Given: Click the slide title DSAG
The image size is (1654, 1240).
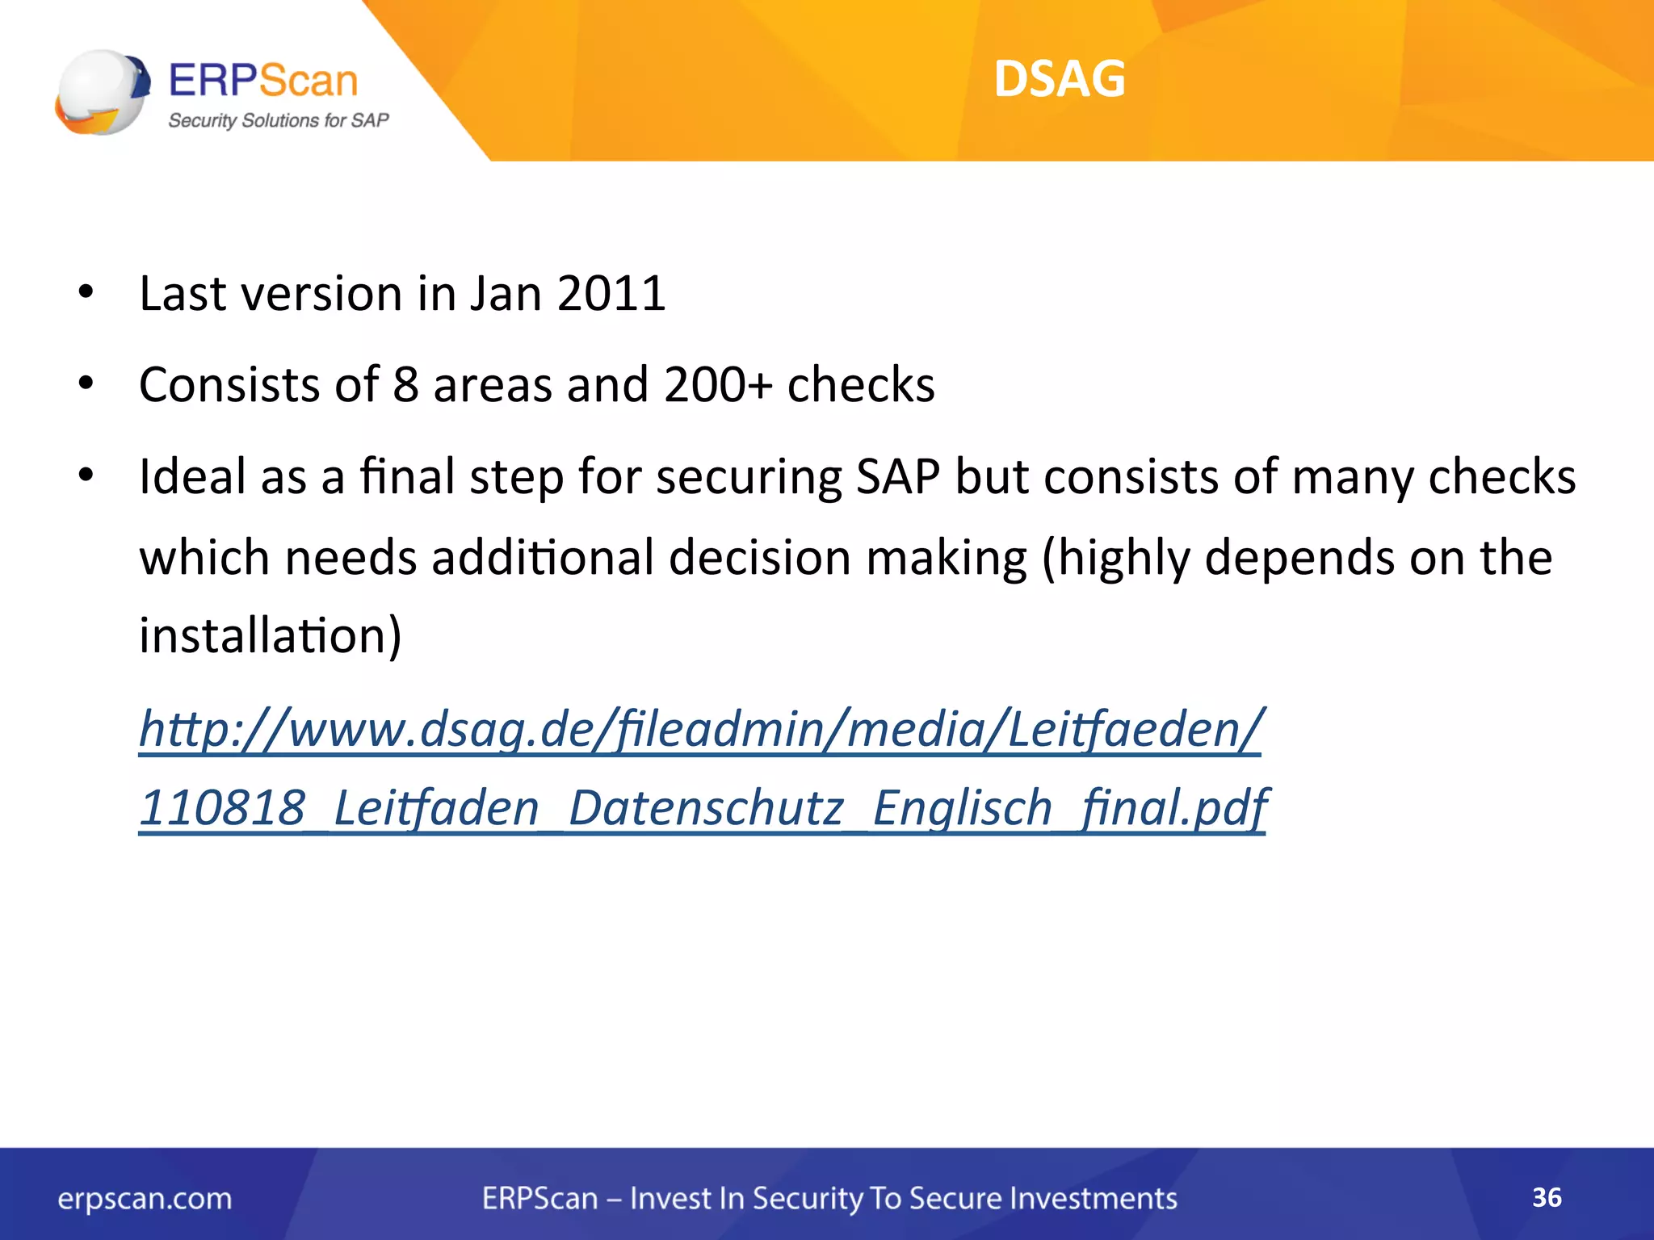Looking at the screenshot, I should (x=1059, y=79).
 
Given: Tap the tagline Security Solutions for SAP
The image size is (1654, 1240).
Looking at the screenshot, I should (x=278, y=120).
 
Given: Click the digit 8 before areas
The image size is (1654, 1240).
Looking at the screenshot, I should (x=405, y=384).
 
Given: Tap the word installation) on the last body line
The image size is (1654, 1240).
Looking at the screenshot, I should (x=270, y=635).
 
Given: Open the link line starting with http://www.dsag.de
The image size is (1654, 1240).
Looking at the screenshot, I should (x=699, y=729).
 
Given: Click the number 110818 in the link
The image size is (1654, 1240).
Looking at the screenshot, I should (x=223, y=807).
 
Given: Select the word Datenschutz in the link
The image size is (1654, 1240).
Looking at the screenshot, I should (x=706, y=807).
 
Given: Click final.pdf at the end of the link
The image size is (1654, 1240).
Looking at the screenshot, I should (x=1174, y=807).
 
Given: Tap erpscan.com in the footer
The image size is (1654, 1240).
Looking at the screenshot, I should (x=145, y=1198).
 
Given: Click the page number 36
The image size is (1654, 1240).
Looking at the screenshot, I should (x=1547, y=1197).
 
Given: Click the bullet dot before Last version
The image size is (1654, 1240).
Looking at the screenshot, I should (x=86, y=294).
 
